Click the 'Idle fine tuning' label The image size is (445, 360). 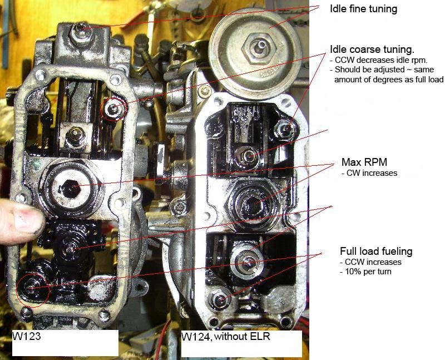(x=364, y=9)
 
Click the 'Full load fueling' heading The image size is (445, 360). (x=376, y=251)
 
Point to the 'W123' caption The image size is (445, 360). (x=26, y=337)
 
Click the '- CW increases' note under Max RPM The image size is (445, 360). (x=369, y=173)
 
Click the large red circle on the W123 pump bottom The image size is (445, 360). (x=32, y=286)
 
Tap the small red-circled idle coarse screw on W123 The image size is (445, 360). (x=114, y=107)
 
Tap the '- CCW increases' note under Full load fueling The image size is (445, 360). (x=370, y=262)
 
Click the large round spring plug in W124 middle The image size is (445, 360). (x=251, y=199)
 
